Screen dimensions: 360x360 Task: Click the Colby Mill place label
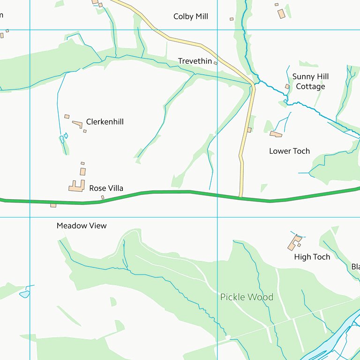(190, 16)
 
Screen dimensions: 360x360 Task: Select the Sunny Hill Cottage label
(310, 82)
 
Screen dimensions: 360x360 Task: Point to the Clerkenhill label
(105, 122)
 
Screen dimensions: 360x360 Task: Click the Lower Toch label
(289, 151)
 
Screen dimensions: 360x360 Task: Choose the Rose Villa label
(106, 188)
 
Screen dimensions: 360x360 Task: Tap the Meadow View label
(82, 225)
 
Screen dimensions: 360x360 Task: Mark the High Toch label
(312, 257)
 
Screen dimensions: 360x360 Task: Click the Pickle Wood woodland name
(247, 297)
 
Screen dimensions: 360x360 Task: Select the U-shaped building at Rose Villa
(76, 186)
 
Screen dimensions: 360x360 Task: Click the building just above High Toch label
(294, 242)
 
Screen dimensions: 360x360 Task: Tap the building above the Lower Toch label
(276, 135)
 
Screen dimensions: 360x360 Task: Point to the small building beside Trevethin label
(216, 62)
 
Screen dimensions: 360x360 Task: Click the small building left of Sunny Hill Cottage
(287, 87)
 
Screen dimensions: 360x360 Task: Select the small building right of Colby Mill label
(232, 19)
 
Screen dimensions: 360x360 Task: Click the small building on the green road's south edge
(53, 205)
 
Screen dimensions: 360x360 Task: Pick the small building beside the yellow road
(249, 130)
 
